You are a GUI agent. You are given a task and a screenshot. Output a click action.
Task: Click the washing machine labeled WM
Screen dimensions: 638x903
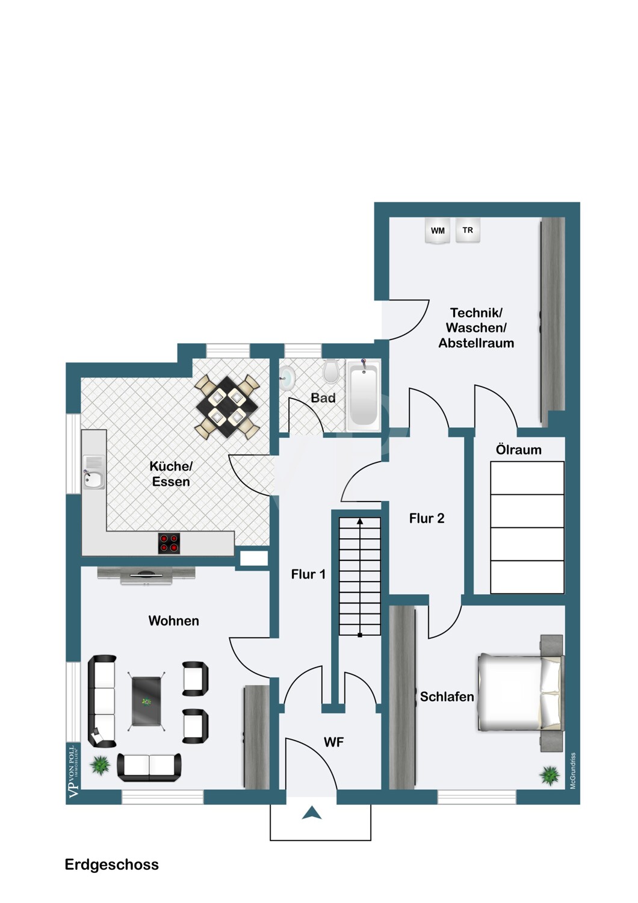pyautogui.click(x=438, y=231)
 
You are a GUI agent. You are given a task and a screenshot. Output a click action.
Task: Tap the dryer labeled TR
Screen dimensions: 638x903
pyautogui.click(x=468, y=230)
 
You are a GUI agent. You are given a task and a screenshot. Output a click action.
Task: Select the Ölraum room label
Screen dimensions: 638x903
pyautogui.click(x=518, y=450)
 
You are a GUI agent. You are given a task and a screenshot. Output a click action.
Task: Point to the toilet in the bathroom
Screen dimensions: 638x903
pyautogui.click(x=331, y=371)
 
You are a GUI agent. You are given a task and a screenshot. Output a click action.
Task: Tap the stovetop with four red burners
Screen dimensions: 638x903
pyautogui.click(x=169, y=543)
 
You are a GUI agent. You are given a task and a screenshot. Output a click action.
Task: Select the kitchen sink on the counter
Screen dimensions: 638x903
pyautogui.click(x=93, y=473)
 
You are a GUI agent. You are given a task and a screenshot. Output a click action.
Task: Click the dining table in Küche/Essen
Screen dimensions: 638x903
pyautogui.click(x=227, y=406)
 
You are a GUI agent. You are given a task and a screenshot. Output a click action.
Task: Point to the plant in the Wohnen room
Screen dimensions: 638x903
pyautogui.click(x=99, y=765)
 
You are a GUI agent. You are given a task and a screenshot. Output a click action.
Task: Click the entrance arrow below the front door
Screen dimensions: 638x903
pyautogui.click(x=312, y=813)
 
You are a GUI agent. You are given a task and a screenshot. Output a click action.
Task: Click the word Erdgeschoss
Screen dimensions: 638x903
pyautogui.click(x=111, y=864)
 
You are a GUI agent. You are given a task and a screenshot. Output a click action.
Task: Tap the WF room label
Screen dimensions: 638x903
pyautogui.click(x=333, y=742)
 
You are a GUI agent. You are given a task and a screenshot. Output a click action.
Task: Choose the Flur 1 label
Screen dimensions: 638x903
pyautogui.click(x=308, y=574)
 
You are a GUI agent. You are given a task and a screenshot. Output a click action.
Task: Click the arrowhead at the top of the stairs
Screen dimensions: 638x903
pyautogui.click(x=359, y=521)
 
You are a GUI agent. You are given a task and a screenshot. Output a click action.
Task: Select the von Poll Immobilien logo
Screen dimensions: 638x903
pyautogui.click(x=73, y=771)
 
